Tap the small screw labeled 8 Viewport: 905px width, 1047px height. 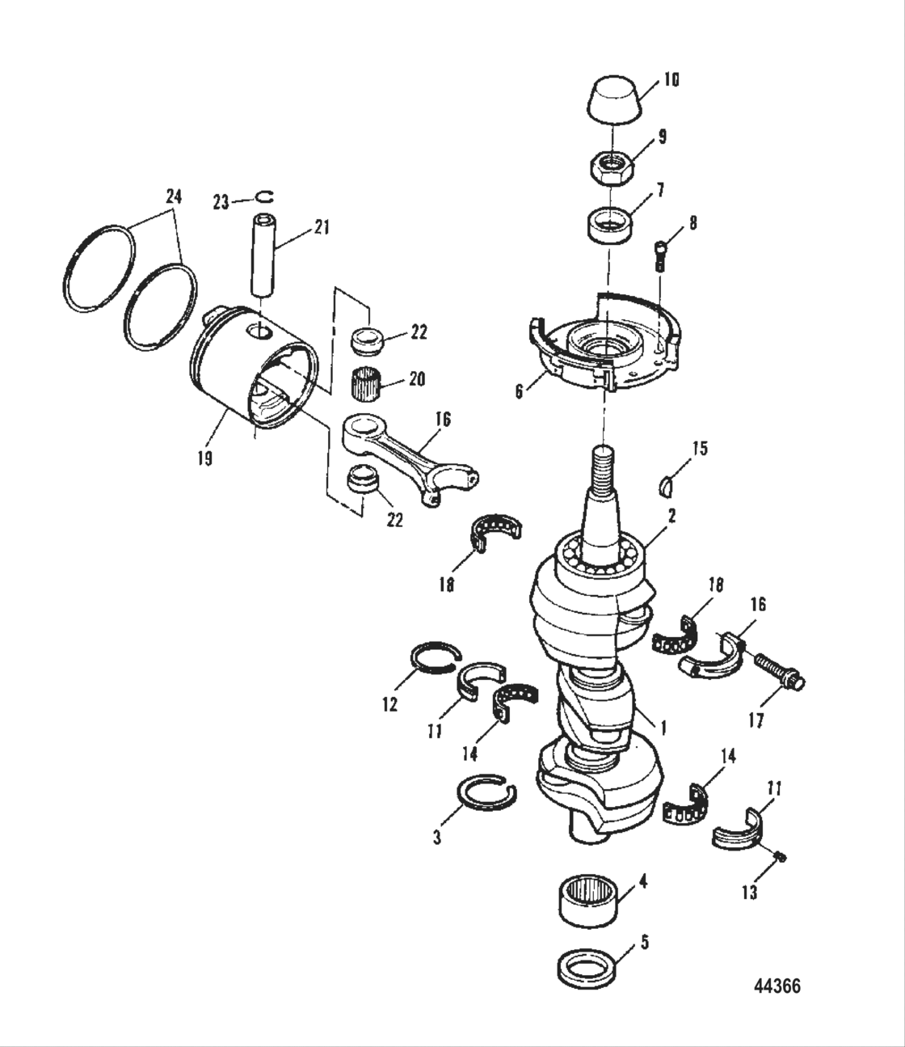(659, 255)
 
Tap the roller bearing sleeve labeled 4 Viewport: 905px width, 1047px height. (594, 900)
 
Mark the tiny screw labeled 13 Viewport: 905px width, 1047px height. (781, 856)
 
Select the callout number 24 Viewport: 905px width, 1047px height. (174, 196)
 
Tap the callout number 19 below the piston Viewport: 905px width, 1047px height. (204, 458)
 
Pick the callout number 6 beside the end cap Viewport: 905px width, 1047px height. (520, 391)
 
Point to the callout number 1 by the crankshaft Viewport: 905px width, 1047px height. (662, 728)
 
